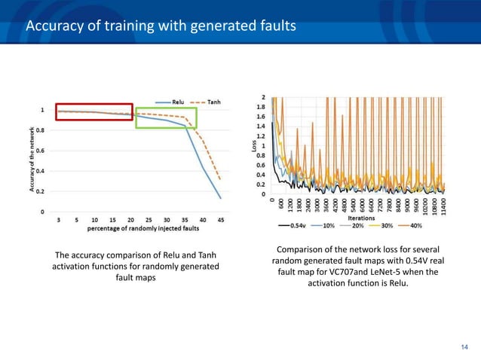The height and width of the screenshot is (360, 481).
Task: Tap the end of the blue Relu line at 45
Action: (x=221, y=199)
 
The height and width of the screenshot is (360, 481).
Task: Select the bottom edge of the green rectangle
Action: (x=166, y=128)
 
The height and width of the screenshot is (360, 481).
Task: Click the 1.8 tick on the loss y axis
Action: (x=262, y=107)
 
